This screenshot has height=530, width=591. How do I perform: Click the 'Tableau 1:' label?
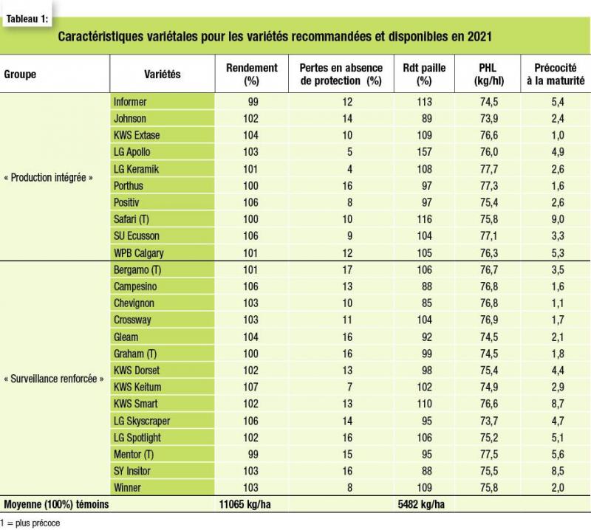pos(27,19)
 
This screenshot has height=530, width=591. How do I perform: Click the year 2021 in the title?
pos(479,36)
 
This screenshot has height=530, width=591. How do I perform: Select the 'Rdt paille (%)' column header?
pos(424,75)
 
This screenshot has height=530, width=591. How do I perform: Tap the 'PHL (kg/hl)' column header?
pos(488,75)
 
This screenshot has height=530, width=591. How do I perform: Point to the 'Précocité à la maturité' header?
pos(556,75)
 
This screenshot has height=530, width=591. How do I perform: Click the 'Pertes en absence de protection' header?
pos(341,75)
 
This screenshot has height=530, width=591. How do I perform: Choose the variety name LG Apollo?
pos(132,152)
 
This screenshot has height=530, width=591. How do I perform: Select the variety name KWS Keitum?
pos(137,387)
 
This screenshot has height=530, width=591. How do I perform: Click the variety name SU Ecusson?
pos(137,235)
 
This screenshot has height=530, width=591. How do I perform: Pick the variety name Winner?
pos(127,487)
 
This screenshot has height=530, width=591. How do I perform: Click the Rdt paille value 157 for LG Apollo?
pos(424,152)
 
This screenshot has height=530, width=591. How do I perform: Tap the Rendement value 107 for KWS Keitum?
pos(250,387)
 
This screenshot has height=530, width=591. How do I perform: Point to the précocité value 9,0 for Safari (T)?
pos(558,219)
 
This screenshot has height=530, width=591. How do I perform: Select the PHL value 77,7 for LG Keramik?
pos(489,169)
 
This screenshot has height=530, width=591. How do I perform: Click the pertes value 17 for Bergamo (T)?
pos(347,269)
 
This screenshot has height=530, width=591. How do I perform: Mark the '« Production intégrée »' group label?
pos(48,177)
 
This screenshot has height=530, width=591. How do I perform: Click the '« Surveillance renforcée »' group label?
pos(53,379)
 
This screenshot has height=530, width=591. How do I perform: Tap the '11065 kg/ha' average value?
pos(245,504)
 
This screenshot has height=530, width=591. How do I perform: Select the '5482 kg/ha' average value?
pos(421,504)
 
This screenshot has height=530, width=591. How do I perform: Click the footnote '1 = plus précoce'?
pos(30,523)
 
